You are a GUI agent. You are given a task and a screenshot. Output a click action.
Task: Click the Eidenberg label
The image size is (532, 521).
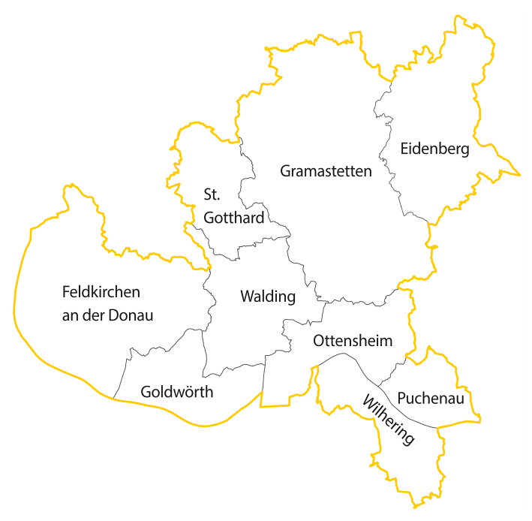pyautogui.click(x=434, y=149)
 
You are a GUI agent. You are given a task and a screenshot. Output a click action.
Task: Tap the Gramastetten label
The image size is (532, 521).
pyautogui.click(x=326, y=171)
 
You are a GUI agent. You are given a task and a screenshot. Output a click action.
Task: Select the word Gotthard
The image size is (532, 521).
pyautogui.click(x=234, y=218)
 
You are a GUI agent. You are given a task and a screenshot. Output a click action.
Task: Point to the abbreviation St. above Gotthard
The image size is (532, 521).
pyautogui.click(x=212, y=194)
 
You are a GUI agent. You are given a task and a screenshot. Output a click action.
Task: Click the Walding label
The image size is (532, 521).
pyautogui.click(x=268, y=297)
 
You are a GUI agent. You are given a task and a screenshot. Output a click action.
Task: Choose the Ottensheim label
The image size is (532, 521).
pyautogui.click(x=353, y=341)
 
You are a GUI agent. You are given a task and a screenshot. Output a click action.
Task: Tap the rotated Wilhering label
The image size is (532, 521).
pyautogui.click(x=388, y=420)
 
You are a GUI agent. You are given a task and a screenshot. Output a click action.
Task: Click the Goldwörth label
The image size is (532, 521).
pyautogui.click(x=177, y=391)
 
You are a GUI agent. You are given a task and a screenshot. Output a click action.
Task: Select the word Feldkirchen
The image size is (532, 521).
pyautogui.click(x=101, y=291)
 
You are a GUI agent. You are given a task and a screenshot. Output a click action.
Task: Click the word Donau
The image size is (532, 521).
pyautogui.click(x=131, y=315)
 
